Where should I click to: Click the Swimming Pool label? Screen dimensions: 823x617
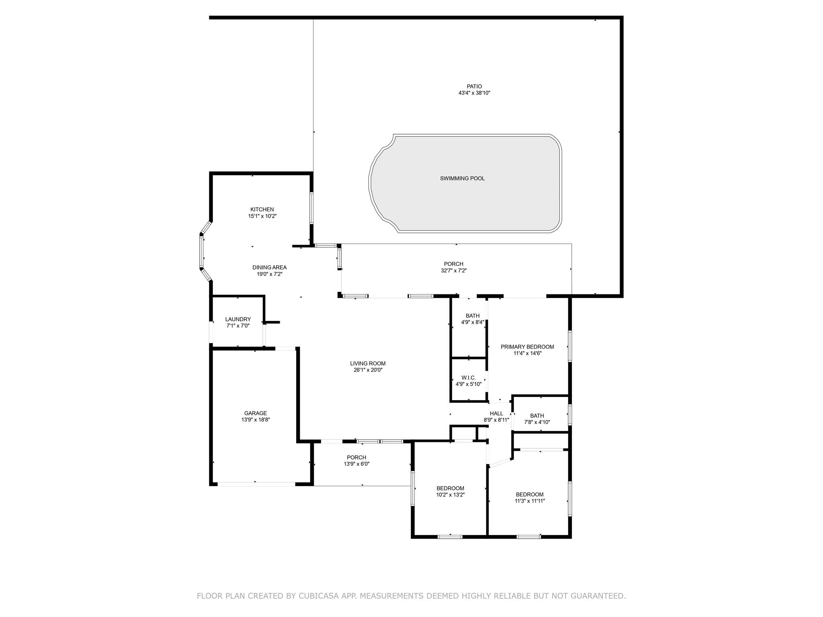(462, 178)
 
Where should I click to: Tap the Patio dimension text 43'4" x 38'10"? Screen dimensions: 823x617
(474, 93)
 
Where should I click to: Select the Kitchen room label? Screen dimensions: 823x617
(262, 209)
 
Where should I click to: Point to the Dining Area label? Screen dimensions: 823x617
(269, 268)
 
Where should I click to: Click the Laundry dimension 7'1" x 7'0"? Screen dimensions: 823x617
(238, 326)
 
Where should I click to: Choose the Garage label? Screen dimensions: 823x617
(256, 413)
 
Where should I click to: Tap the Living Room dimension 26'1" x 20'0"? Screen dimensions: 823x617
(368, 370)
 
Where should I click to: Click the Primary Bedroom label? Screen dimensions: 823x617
(527, 347)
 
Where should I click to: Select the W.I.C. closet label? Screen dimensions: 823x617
(469, 378)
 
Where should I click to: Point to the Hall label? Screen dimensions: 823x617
(496, 413)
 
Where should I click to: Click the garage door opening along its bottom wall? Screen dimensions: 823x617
(256, 484)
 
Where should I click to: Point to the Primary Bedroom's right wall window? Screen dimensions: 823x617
(570, 346)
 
